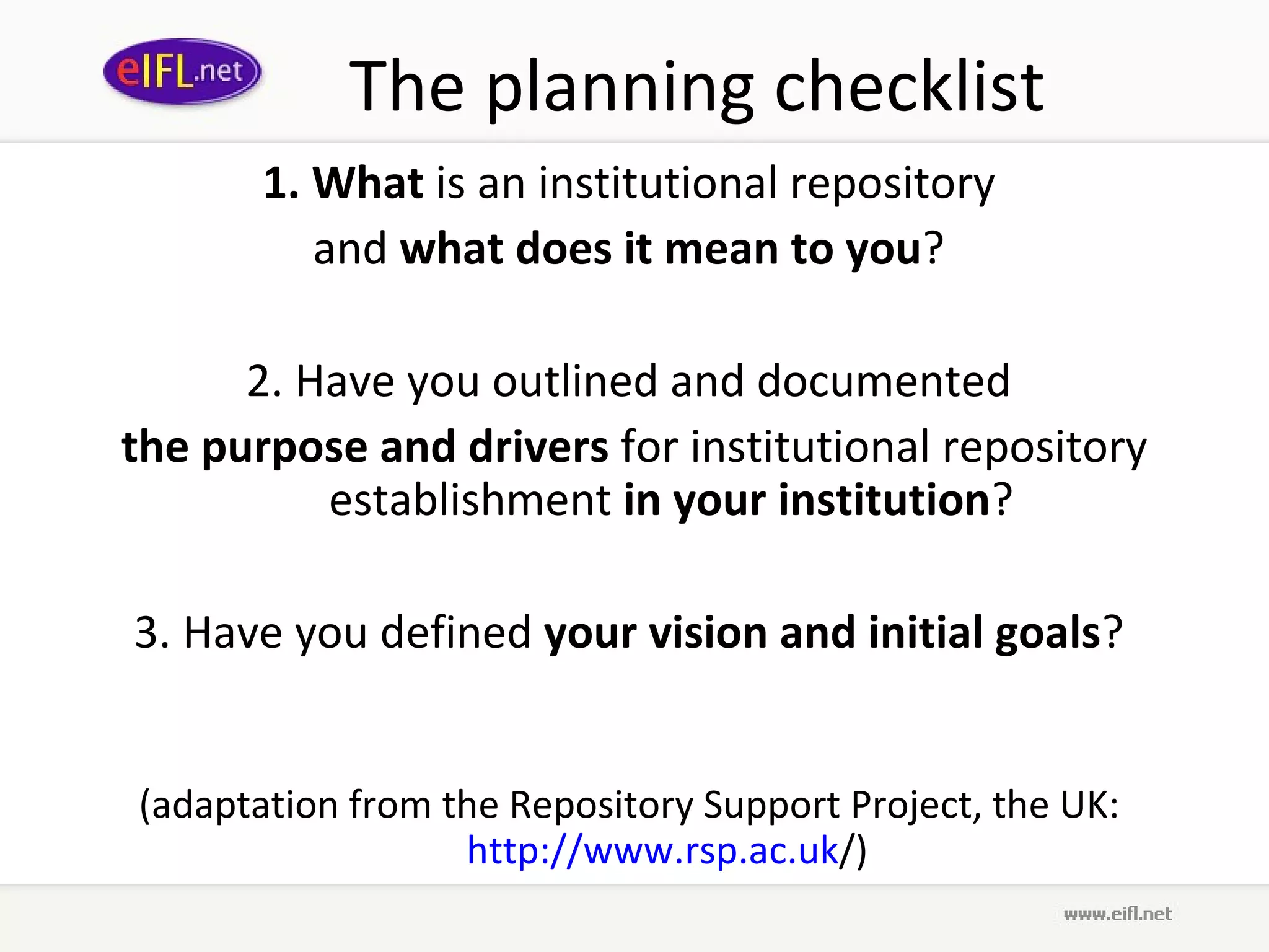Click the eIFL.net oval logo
coord(182,71)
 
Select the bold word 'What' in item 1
coord(368,183)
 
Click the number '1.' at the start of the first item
coord(282,183)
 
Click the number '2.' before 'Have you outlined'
coord(265,381)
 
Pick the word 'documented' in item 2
coord(884,381)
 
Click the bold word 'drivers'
coord(538,446)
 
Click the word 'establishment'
coord(470,500)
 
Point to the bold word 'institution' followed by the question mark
coord(884,500)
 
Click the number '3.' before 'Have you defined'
coord(152,632)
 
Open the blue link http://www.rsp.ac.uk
coord(652,850)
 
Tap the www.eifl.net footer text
coord(1117,914)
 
